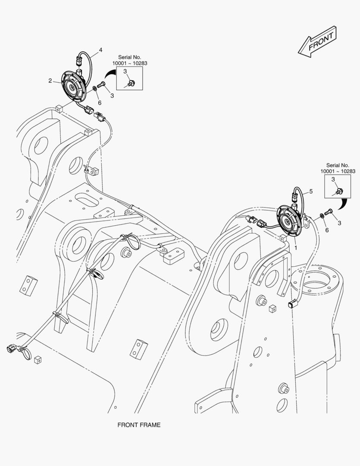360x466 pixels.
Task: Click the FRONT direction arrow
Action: point(317,42)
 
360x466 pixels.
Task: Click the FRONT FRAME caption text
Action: point(139,425)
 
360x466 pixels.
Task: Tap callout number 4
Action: point(100,50)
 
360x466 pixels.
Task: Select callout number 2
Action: point(50,81)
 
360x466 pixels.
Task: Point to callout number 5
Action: point(310,191)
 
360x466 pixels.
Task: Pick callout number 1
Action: point(295,248)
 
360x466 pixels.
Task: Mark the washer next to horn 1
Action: point(322,216)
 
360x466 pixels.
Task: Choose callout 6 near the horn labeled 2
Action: point(99,103)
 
